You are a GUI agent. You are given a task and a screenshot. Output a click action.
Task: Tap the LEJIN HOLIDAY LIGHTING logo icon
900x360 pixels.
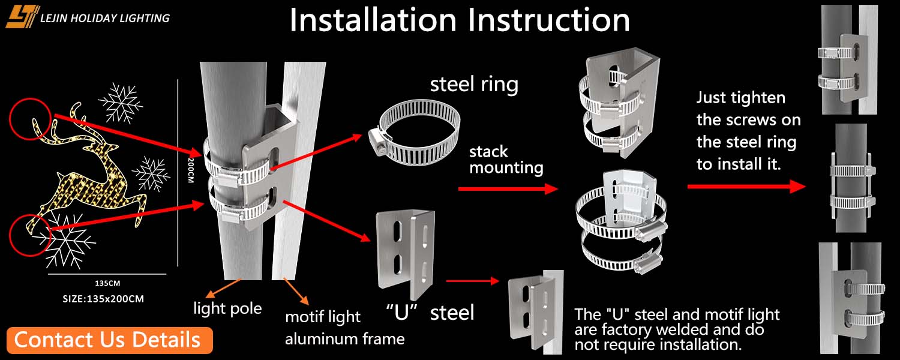point(22,17)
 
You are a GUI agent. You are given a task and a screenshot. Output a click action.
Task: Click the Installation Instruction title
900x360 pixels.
point(460,20)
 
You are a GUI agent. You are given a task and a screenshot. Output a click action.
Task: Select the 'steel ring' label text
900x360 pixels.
point(474,85)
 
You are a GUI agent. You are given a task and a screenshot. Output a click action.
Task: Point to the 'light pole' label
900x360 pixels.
point(227,308)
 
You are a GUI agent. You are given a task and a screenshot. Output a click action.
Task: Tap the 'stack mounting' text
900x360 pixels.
point(506,159)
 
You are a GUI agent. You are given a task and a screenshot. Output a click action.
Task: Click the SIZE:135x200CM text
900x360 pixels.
point(103,298)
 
